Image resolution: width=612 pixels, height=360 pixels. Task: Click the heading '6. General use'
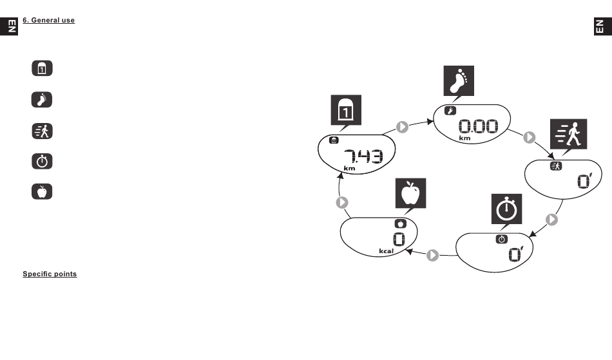pos(48,21)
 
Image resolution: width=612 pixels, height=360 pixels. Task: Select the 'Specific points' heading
pos(50,274)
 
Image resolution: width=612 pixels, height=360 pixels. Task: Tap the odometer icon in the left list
pos(42,69)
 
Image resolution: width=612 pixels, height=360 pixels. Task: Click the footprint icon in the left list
pos(42,100)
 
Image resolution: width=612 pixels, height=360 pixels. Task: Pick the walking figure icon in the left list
pos(42,131)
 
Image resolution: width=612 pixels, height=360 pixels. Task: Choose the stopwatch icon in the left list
pos(42,161)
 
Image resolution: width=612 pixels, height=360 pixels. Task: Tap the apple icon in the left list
pos(42,192)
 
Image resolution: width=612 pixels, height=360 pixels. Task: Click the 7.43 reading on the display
pos(363,156)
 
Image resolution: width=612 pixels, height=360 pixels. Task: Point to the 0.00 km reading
pos(477,127)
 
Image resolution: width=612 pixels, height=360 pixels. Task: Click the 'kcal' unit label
pos(386,251)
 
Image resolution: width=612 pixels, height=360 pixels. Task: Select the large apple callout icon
pos(411,193)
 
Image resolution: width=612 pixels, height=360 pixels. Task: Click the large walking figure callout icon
pos(565,137)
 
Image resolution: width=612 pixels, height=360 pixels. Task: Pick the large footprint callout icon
pos(459,82)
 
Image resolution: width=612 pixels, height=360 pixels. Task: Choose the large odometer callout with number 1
pos(347,111)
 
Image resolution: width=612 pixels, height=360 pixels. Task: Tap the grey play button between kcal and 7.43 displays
pos(343,202)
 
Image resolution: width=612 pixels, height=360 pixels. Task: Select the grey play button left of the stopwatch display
pos(433,255)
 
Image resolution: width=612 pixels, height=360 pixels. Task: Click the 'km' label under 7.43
pos(349,168)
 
